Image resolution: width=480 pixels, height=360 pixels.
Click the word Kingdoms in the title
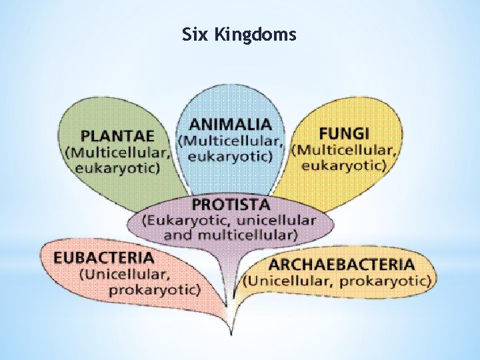(255, 35)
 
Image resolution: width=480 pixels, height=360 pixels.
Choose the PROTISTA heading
(231, 204)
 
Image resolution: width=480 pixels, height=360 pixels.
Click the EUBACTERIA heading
(103, 257)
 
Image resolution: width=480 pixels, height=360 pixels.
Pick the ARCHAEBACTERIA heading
(341, 265)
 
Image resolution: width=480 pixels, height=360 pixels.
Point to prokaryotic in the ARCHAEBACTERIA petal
(385, 281)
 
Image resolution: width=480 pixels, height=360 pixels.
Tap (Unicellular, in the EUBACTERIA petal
(125, 273)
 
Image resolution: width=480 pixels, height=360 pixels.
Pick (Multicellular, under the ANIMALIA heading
(231, 141)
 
